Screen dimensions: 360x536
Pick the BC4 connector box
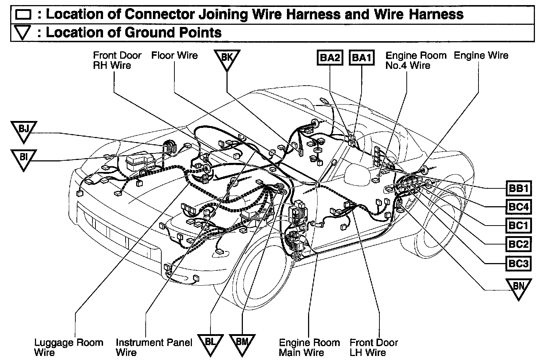tap(518, 207)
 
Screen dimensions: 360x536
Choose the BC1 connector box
tap(518, 226)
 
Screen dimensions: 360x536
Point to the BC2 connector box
tap(518, 244)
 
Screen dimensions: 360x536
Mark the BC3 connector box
tap(518, 263)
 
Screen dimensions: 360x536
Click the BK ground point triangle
tap(226, 59)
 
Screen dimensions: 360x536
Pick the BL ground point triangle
tap(210, 344)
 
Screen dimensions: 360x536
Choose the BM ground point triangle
tap(242, 344)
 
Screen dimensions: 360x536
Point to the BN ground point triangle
tap(518, 288)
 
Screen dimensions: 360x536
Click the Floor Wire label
tap(174, 56)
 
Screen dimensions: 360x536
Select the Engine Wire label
tap(481, 56)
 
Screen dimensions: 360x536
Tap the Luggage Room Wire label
tap(68, 347)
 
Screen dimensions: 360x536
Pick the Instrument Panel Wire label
tap(154, 347)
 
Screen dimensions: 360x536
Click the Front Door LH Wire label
tap(374, 347)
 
